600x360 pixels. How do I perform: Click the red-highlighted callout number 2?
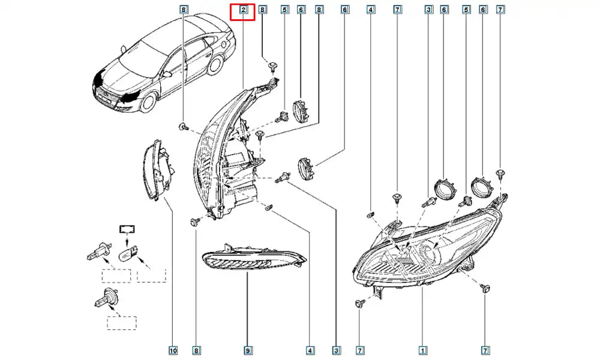243,10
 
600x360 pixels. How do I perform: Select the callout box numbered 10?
173,350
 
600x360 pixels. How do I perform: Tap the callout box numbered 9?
247,350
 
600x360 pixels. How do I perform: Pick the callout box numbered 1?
423,350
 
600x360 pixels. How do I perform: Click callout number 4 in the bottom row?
310,350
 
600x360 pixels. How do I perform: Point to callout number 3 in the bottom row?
337,350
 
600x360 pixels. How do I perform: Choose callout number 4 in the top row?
371,10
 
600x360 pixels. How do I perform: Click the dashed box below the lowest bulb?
122,322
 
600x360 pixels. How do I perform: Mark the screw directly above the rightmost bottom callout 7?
485,289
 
